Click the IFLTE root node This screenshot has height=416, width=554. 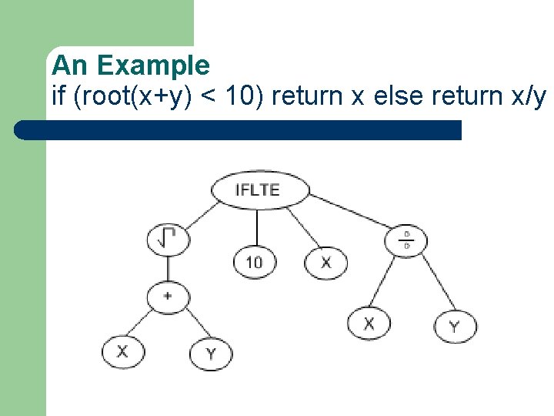[259, 190]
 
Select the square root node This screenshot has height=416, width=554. [168, 239]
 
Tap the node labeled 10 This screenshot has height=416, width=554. [255, 262]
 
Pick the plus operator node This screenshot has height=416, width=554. [168, 295]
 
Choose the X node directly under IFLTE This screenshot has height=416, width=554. [326, 262]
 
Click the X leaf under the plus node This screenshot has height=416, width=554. [123, 352]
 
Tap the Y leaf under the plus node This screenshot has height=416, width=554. [211, 354]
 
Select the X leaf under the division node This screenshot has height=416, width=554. [369, 323]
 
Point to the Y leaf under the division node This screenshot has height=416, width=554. [455, 326]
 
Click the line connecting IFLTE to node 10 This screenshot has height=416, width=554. [257, 227]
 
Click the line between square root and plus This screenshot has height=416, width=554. [168, 267]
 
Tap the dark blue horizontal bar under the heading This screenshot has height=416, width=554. [239, 129]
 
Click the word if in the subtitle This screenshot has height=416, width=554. [58, 97]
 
